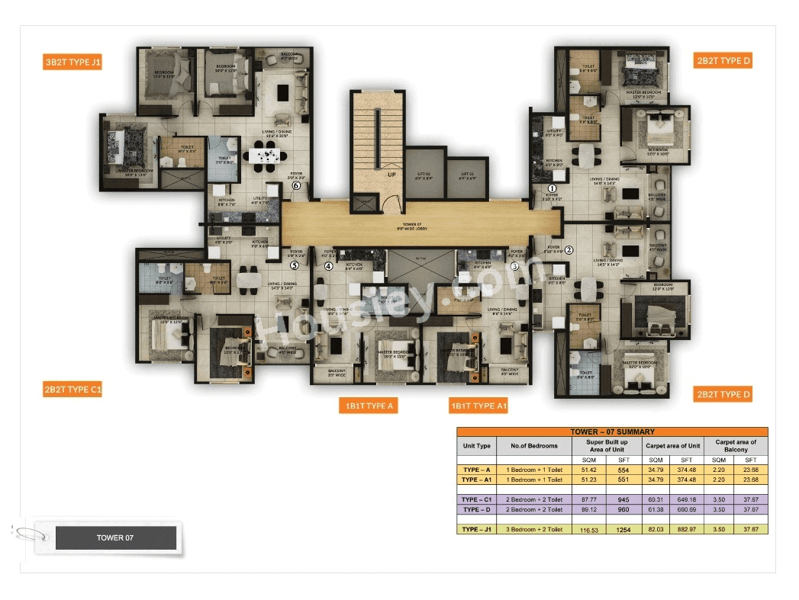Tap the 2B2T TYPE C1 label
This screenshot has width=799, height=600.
[x=72, y=390]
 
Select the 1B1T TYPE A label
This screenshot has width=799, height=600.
[x=368, y=406]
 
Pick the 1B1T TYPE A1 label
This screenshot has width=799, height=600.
[x=478, y=406]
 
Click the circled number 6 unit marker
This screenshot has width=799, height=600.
[x=296, y=184]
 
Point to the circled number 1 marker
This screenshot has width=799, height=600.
[x=553, y=188]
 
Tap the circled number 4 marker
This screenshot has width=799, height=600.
[x=329, y=266]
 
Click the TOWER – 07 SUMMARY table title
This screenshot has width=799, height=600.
[x=612, y=432]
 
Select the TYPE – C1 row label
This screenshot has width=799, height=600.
[x=476, y=499]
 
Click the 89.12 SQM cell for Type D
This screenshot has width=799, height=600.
[x=588, y=509]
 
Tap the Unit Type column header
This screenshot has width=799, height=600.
[x=476, y=446]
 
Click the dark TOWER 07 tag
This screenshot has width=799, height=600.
[x=115, y=537]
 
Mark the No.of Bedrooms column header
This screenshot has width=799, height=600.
[x=534, y=446]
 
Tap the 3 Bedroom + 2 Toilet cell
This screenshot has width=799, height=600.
[x=534, y=529]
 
